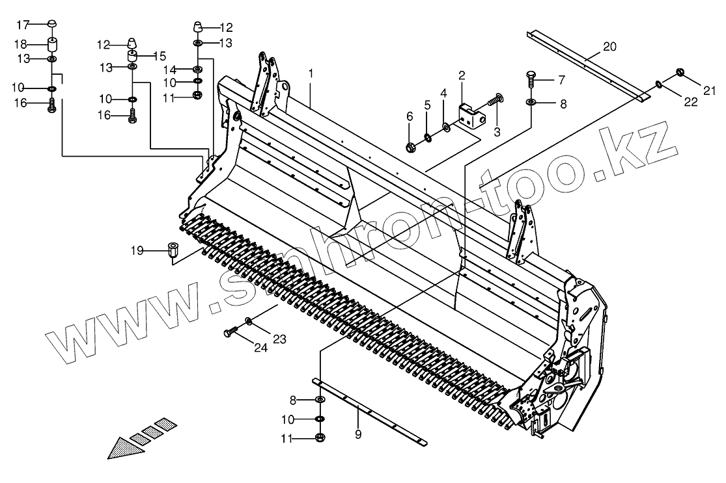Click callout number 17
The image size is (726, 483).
click(23, 25)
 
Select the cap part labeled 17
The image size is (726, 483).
click(53, 25)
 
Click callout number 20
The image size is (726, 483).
click(609, 46)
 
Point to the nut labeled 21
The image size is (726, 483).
click(680, 72)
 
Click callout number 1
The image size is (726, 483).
click(311, 73)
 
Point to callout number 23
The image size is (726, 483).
click(279, 338)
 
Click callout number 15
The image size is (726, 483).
click(160, 56)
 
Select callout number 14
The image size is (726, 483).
click(169, 70)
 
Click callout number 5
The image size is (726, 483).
click(427, 105)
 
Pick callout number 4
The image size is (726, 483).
click(443, 94)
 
